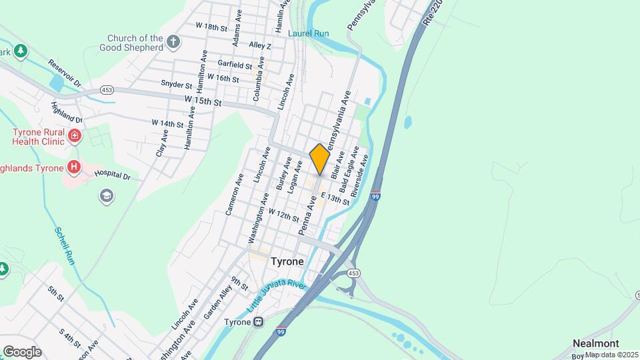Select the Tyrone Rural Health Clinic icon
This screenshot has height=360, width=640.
point(75,137)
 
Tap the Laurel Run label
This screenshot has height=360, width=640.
point(307,32)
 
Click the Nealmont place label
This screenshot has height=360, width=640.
point(596,343)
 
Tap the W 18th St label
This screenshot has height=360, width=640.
point(212,26)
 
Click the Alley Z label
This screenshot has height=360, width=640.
point(260,45)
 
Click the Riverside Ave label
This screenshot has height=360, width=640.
point(364,171)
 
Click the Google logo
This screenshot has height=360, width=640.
point(22,351)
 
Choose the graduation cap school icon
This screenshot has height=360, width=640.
point(106,195)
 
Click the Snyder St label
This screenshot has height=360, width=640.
point(176,85)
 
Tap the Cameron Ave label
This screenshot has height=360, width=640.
point(234,195)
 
